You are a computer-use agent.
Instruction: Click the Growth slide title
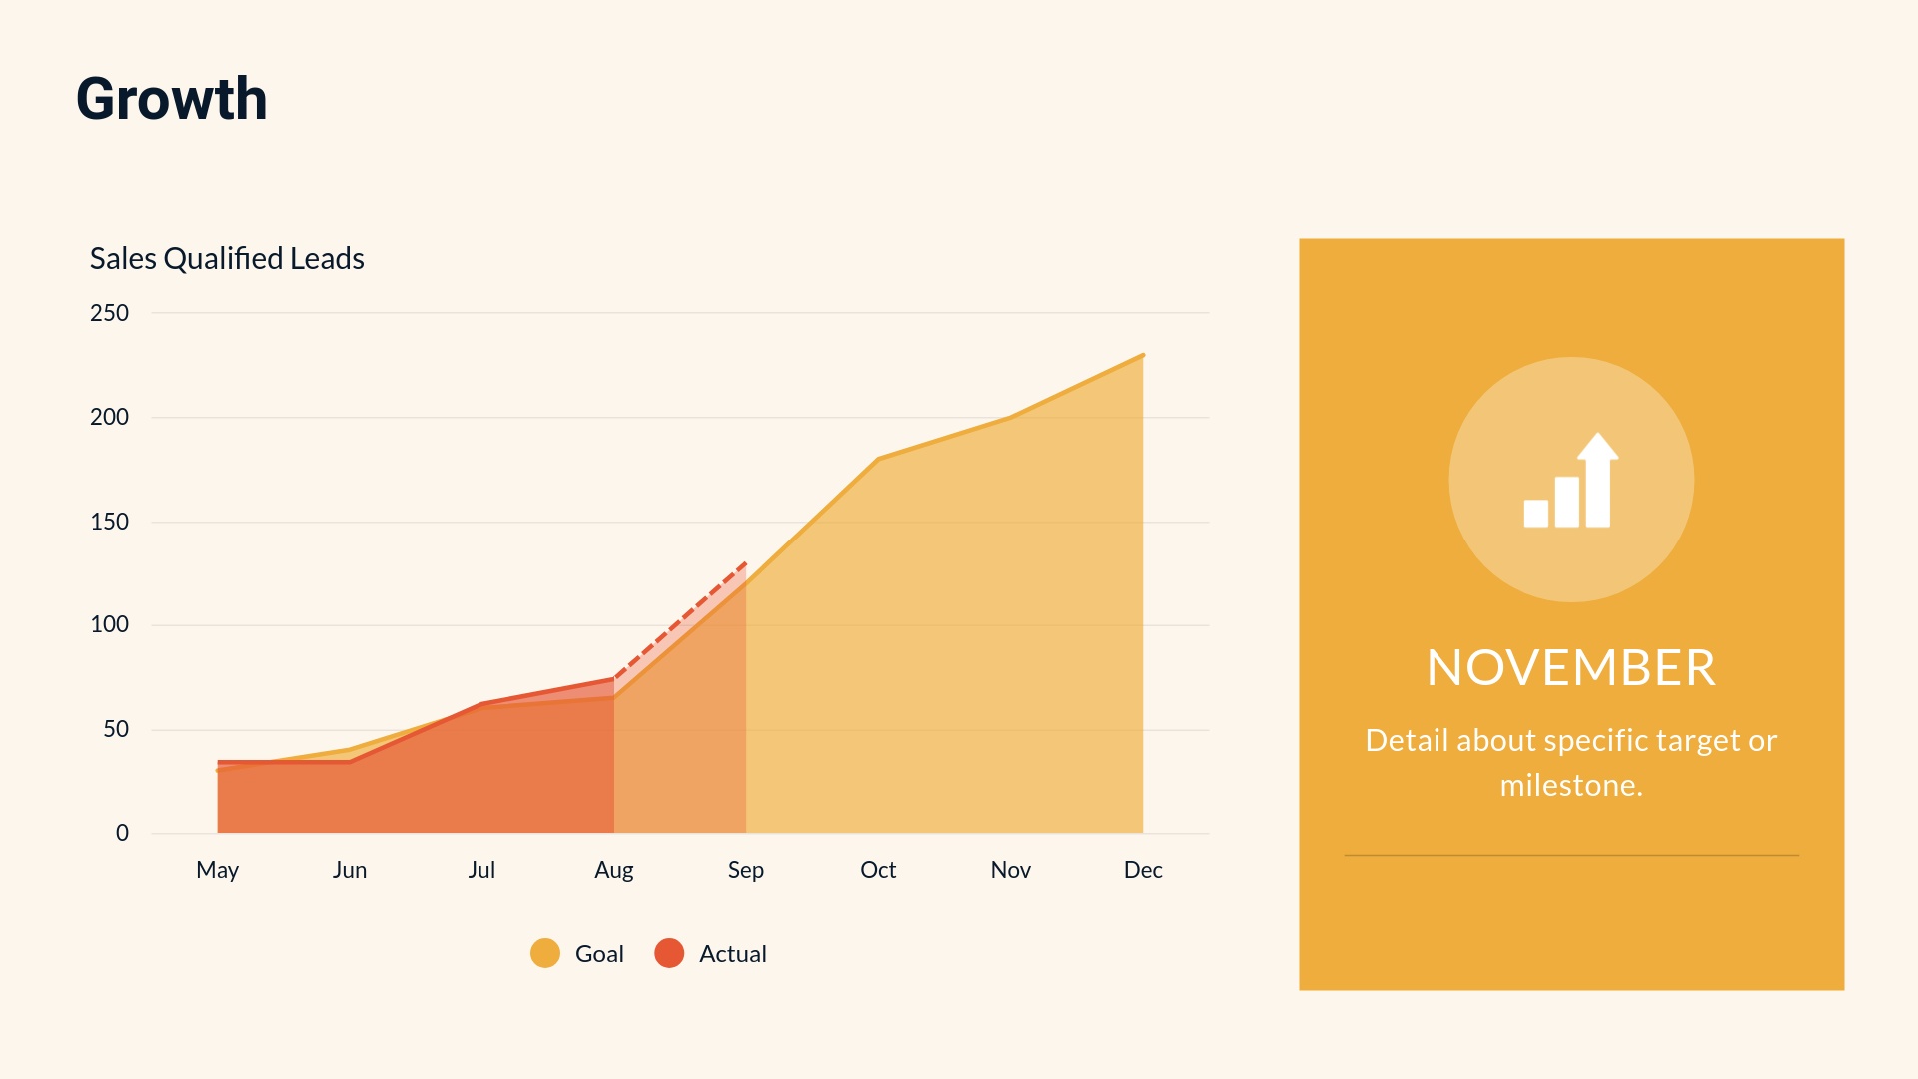click(172, 99)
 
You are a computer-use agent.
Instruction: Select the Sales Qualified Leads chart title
click(227, 258)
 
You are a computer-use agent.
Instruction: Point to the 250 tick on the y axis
click(109, 313)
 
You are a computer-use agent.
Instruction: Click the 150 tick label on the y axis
click(109, 522)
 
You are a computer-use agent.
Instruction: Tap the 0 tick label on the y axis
click(122, 833)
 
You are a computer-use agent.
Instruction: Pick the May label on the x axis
click(217, 870)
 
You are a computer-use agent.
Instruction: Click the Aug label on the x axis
click(614, 870)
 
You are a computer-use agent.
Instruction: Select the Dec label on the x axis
click(1143, 870)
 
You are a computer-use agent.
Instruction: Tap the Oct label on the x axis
click(878, 870)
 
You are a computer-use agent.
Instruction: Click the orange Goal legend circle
click(545, 953)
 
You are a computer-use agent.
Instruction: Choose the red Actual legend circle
click(669, 953)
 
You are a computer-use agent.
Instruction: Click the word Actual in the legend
click(733, 954)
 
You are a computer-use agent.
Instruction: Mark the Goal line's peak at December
click(1143, 355)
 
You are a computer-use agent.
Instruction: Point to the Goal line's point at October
click(878, 459)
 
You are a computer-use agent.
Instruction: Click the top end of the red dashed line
click(746, 563)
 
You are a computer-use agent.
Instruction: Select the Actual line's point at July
click(481, 704)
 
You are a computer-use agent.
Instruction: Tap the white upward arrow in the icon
click(1598, 479)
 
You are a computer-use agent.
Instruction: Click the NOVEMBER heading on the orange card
click(1571, 668)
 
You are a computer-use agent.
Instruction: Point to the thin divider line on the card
click(1571, 855)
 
